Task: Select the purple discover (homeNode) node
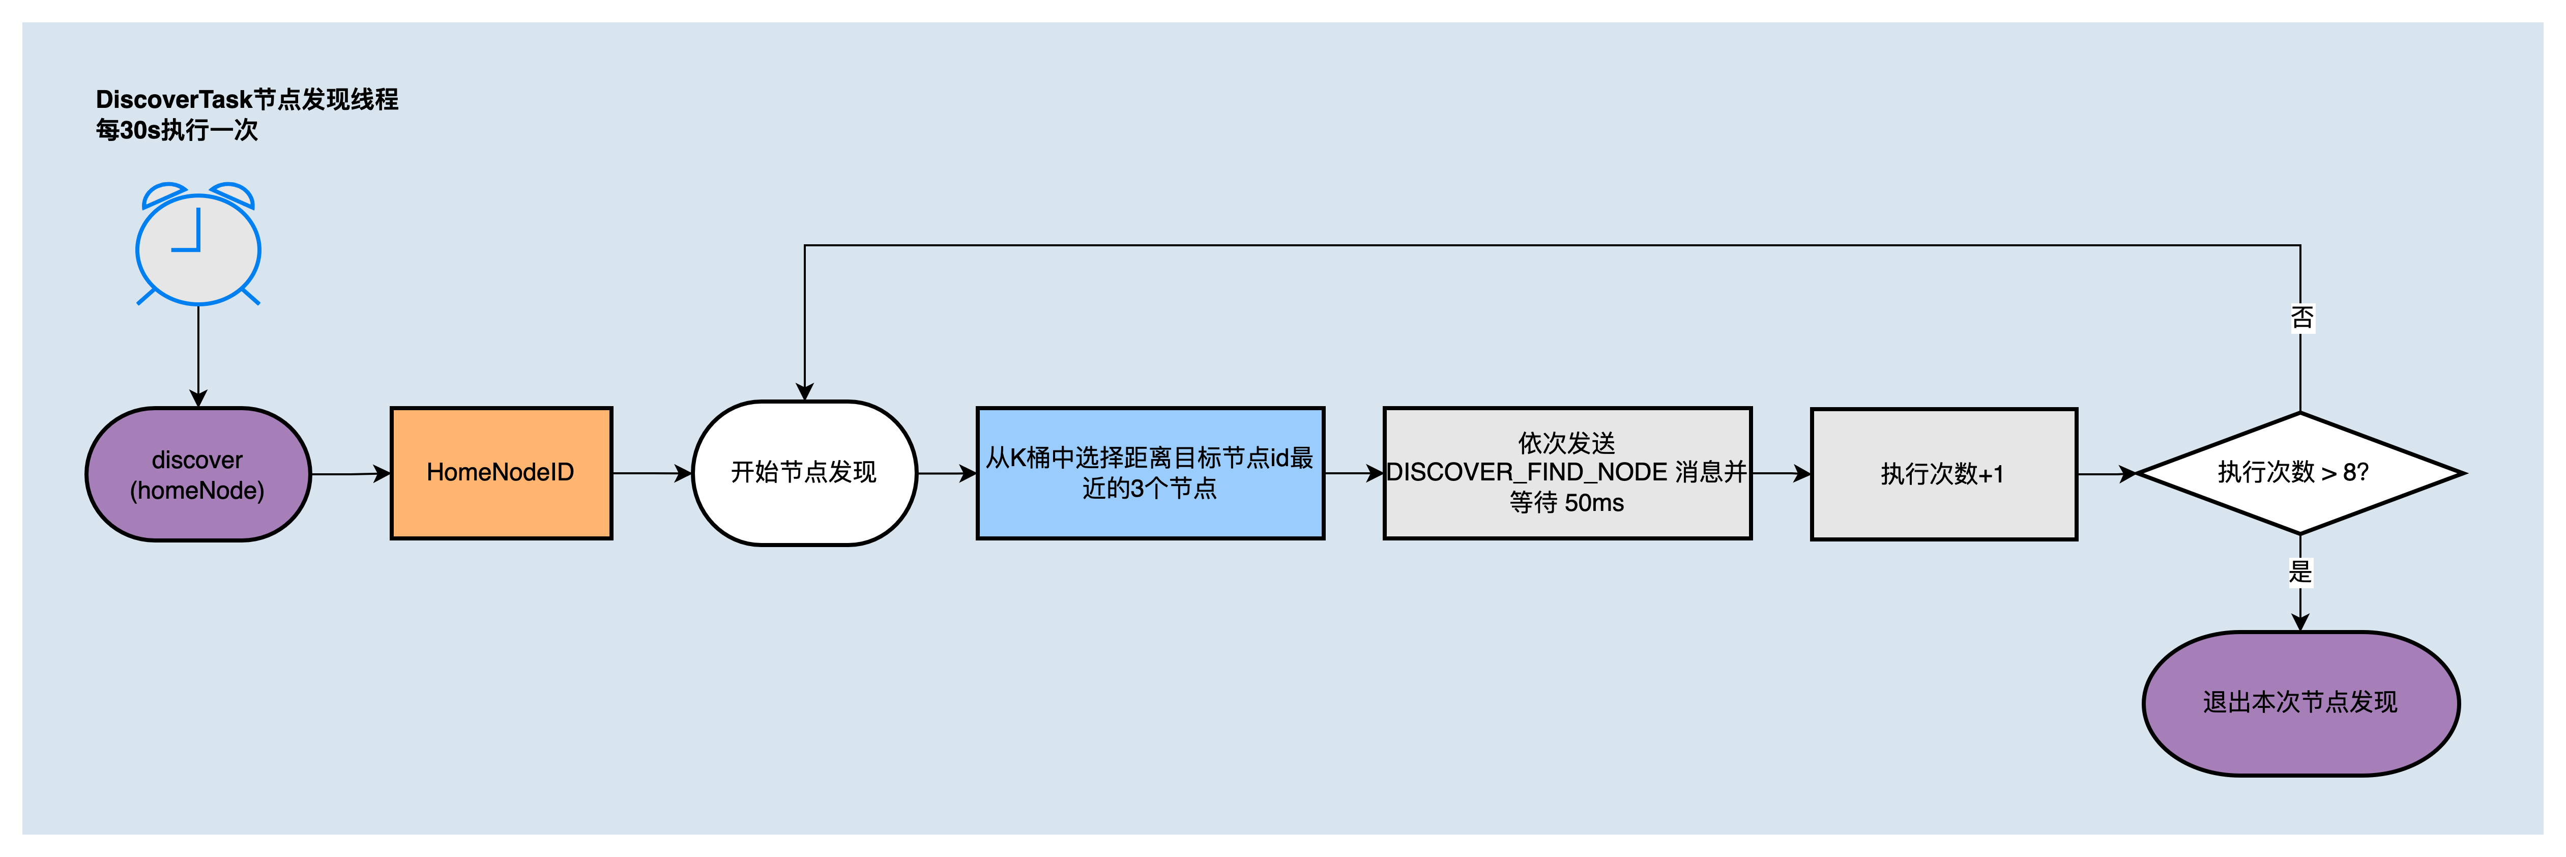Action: (198, 474)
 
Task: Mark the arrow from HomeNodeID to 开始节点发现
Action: (653, 473)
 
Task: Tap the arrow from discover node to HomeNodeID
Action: (351, 474)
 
